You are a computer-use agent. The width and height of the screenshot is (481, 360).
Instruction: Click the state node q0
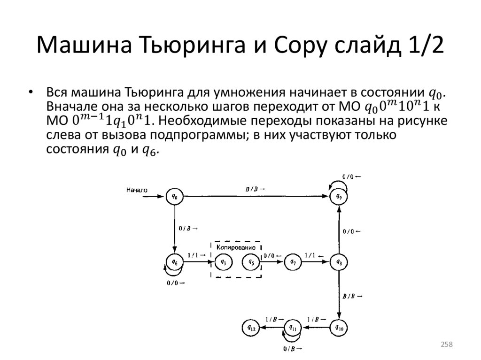coord(175,197)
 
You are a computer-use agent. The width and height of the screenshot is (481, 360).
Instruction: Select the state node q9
coord(339,197)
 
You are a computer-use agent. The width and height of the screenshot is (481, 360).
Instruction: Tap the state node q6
coord(175,261)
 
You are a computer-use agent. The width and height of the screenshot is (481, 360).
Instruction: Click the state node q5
coord(251,262)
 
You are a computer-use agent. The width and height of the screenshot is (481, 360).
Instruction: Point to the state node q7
coord(293,262)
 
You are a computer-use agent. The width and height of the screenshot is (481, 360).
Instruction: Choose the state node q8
coord(339,262)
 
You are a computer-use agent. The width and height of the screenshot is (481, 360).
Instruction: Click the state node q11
coord(293,327)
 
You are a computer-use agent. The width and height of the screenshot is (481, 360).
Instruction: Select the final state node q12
coord(249,327)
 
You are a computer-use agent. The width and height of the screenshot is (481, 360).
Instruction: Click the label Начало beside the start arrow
coord(137,190)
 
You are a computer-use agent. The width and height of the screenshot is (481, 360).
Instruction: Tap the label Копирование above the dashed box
coord(236,247)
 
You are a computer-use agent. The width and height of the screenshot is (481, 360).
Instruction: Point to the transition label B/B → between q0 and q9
coord(255,189)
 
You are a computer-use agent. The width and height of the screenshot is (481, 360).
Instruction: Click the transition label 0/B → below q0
coord(188,228)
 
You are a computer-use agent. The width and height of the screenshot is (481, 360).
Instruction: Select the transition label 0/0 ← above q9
coord(351,177)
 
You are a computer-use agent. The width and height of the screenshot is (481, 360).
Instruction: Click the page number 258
coord(446,345)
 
